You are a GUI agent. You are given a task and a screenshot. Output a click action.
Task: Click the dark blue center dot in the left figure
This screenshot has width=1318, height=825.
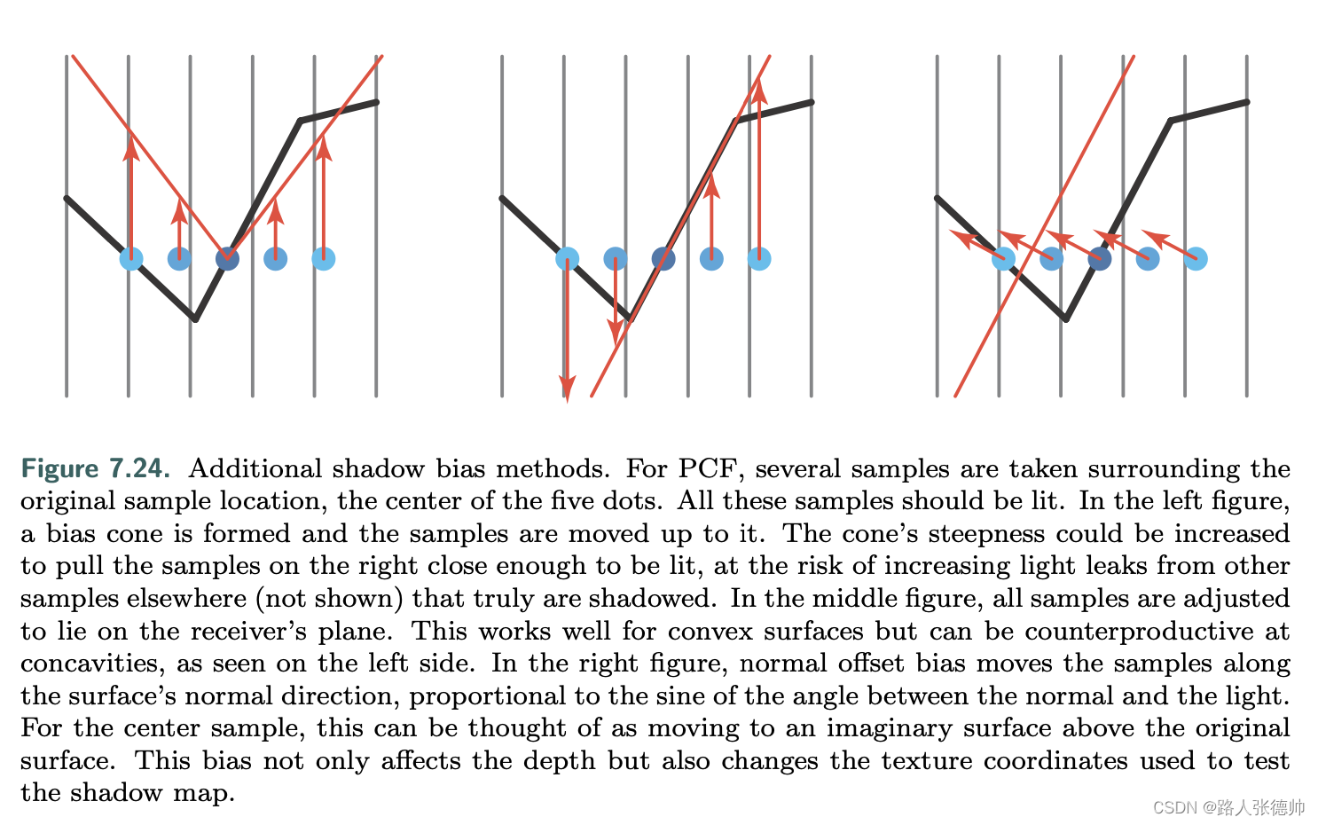pyautogui.click(x=228, y=259)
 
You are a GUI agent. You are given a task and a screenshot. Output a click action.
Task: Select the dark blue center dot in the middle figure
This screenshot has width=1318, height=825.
pyautogui.click(x=663, y=259)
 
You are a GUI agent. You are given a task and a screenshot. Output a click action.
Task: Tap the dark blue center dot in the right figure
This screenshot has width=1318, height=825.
pyautogui.click(x=1100, y=259)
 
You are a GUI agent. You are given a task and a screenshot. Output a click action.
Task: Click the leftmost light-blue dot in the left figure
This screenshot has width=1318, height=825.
pyautogui.click(x=131, y=259)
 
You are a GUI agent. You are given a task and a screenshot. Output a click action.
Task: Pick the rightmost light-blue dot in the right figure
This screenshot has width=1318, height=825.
pyautogui.click(x=1196, y=259)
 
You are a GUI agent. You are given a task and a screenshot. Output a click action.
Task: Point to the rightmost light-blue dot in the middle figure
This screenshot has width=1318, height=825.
pyautogui.click(x=759, y=259)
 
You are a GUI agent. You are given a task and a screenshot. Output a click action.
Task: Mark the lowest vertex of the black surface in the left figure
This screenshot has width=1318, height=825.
pyautogui.click(x=195, y=318)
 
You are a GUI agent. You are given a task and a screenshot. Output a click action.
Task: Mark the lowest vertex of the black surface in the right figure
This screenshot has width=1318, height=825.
pyautogui.click(x=1066, y=318)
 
